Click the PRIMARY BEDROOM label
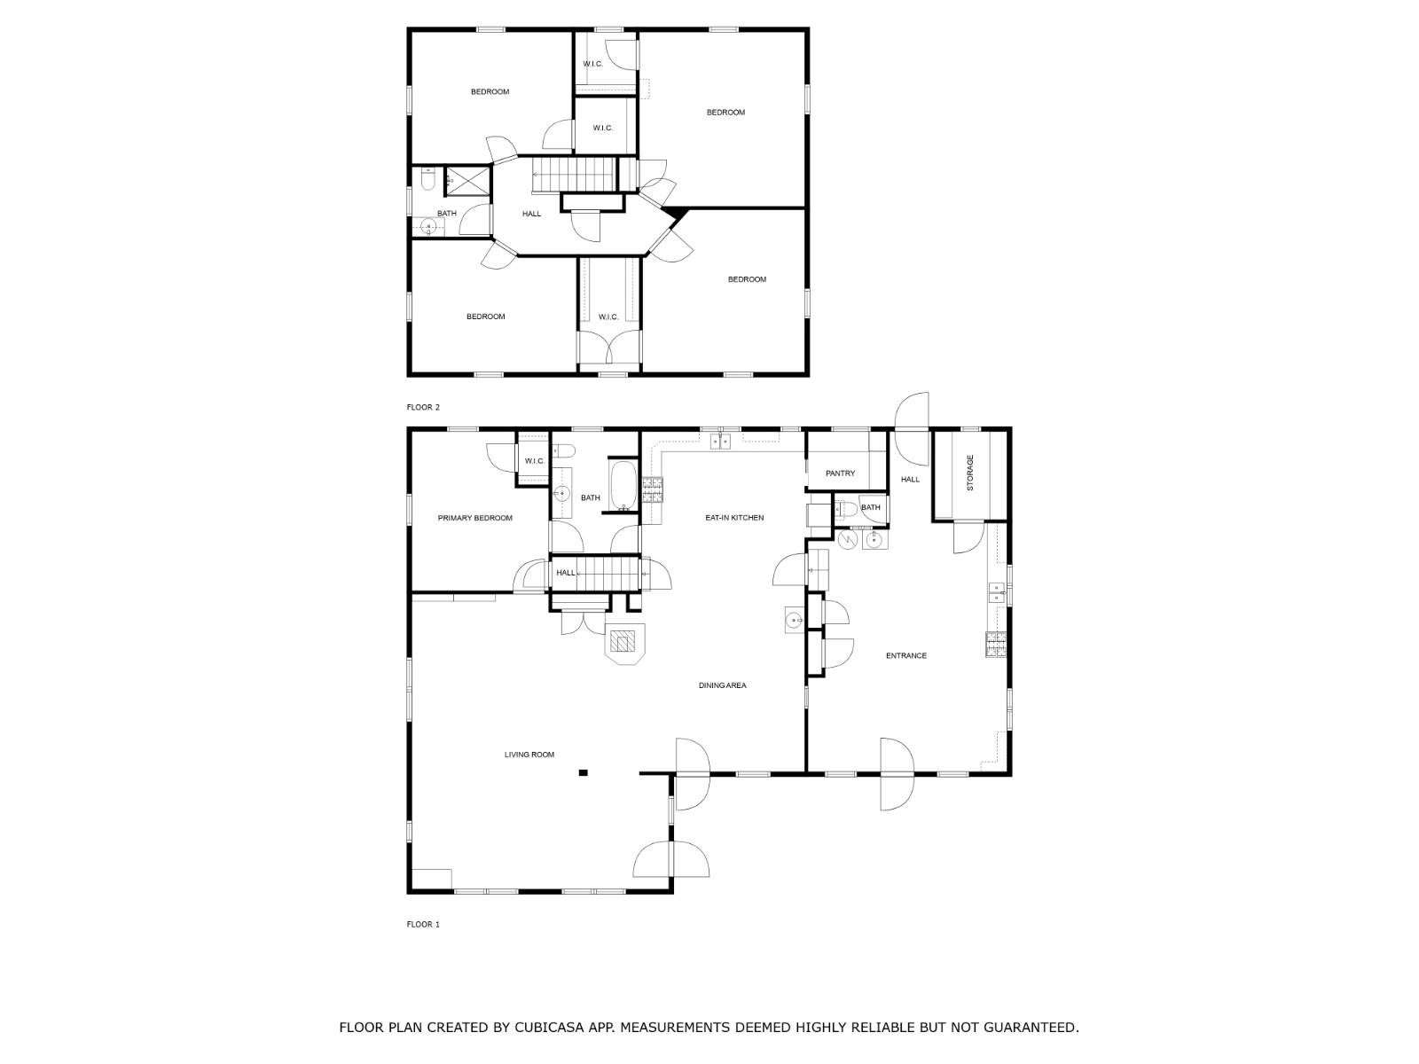click(474, 518)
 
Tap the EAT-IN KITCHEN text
click(734, 518)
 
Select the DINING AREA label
click(722, 685)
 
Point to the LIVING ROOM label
click(529, 755)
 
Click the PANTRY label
click(841, 473)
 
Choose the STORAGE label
click(969, 473)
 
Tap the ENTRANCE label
click(905, 656)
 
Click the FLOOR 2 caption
click(423, 407)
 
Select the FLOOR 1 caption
click(423, 925)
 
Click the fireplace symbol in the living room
click(625, 644)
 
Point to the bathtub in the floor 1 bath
click(623, 485)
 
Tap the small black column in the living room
click(583, 772)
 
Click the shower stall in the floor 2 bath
click(468, 181)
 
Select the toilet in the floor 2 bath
click(427, 179)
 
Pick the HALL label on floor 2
click(531, 214)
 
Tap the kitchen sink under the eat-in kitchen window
click(720, 442)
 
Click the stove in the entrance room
click(996, 644)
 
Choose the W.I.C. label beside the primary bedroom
click(535, 461)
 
